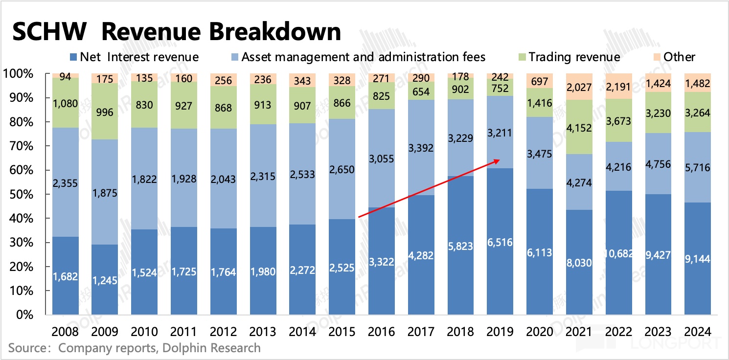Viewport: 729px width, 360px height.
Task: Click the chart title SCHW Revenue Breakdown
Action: (176, 32)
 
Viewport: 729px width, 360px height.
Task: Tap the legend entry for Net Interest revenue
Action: (139, 57)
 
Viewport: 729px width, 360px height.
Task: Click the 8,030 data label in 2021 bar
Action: (580, 262)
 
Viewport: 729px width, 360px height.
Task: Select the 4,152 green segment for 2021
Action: (580, 128)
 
